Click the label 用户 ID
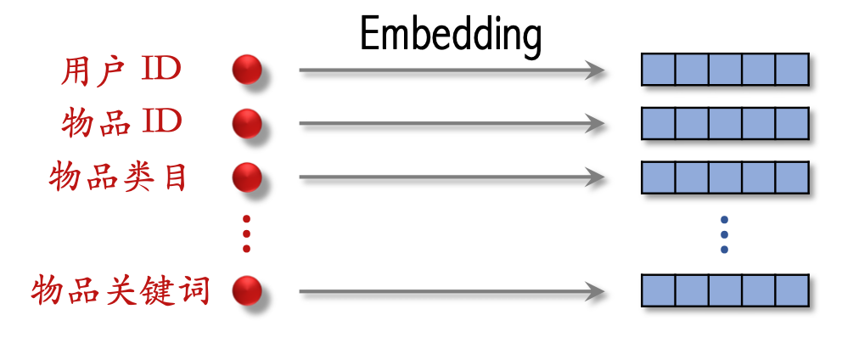pyautogui.click(x=121, y=70)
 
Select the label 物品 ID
pyautogui.click(x=121, y=123)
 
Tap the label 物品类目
pyautogui.click(x=118, y=178)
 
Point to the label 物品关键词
pyautogui.click(x=120, y=292)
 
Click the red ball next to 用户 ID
pyautogui.click(x=247, y=70)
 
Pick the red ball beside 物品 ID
pyautogui.click(x=247, y=124)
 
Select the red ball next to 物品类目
pyautogui.click(x=247, y=178)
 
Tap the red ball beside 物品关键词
pyautogui.click(x=247, y=292)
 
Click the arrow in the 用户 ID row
pyautogui.click(x=450, y=70)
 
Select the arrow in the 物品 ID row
pyautogui.click(x=450, y=124)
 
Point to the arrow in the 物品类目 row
pyautogui.click(x=450, y=178)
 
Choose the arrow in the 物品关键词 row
pyautogui.click(x=450, y=293)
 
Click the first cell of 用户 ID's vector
pyautogui.click(x=658, y=70)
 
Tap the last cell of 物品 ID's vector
pyautogui.click(x=792, y=124)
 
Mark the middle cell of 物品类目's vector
pyautogui.click(x=725, y=178)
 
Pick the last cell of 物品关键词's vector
pyautogui.click(x=792, y=290)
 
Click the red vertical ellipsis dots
pyautogui.click(x=247, y=233)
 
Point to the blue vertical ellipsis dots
pyautogui.click(x=724, y=234)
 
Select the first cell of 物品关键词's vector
pyautogui.click(x=658, y=290)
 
